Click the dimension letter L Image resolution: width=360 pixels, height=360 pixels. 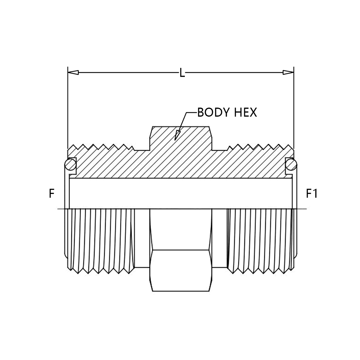[182, 73]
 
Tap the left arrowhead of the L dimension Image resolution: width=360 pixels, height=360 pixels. [74, 73]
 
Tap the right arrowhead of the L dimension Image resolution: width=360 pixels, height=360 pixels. [288, 73]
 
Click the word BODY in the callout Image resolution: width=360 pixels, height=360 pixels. [213, 113]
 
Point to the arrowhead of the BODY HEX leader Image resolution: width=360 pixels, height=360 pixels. [177, 135]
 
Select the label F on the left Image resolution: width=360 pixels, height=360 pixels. [52, 193]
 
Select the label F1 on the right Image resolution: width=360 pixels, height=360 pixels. [312, 193]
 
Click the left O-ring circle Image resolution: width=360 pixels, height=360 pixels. [70, 165]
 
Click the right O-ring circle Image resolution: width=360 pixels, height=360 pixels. [292, 165]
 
